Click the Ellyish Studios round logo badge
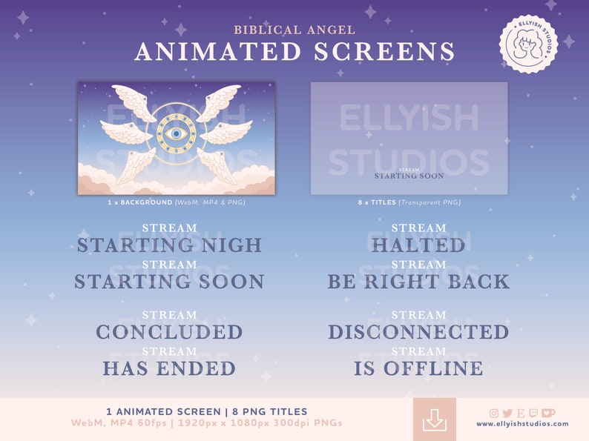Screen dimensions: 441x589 [527, 44]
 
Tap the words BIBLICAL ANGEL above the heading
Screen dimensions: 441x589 [294, 30]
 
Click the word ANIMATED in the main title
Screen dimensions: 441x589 [209, 52]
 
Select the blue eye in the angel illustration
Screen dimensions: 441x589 [176, 134]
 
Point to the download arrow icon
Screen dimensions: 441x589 [435, 420]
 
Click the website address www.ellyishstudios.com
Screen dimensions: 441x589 [522, 424]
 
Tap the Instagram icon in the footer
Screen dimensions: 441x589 [494, 413]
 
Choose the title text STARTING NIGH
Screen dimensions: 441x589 [169, 245]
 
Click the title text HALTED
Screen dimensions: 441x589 [418, 245]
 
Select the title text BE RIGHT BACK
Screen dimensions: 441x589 [418, 282]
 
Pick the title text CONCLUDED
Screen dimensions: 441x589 [169, 332]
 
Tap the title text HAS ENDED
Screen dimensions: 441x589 [169, 368]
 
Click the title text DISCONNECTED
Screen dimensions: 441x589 [418, 332]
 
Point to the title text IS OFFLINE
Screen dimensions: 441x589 [418, 368]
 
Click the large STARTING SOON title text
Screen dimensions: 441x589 [169, 282]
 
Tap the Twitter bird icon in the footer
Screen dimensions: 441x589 [507, 413]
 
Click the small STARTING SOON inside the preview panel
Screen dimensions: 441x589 [409, 176]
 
